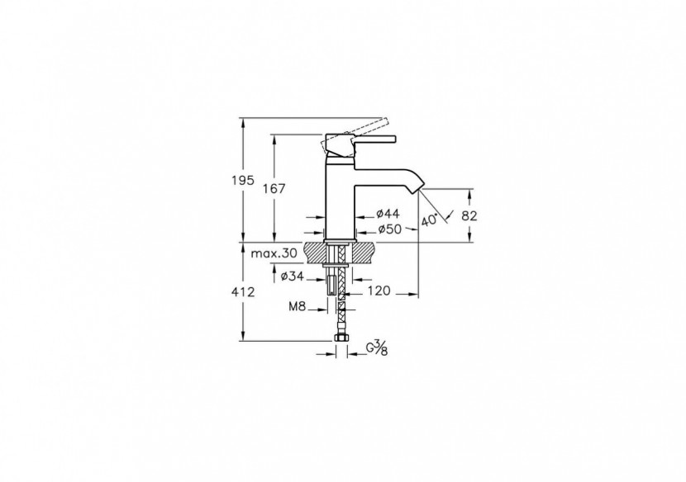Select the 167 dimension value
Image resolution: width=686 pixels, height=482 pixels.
(x=273, y=189)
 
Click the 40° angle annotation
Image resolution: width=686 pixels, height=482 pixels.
(x=430, y=220)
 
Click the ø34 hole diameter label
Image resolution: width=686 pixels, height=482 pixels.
(x=293, y=276)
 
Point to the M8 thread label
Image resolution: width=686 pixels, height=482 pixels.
(x=298, y=306)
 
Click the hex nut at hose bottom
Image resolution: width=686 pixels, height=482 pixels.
(x=339, y=338)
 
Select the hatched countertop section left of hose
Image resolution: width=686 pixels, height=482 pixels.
(x=316, y=249)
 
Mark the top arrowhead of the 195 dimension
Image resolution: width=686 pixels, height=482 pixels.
(x=242, y=120)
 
